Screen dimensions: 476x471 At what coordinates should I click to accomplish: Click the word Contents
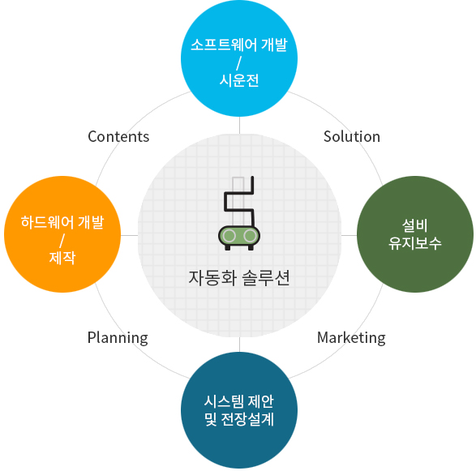pos(118,136)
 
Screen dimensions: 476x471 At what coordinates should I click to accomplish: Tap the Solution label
pos(352,136)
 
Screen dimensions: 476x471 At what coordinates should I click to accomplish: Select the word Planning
pos(118,338)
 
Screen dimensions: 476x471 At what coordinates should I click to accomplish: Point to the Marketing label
pos(351,338)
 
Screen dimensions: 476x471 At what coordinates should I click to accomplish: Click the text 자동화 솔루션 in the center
pos(239,278)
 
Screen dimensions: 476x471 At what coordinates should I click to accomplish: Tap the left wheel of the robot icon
pos(229,236)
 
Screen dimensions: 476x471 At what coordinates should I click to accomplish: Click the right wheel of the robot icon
pos(250,236)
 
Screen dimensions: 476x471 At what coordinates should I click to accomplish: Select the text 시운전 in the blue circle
pos(239,80)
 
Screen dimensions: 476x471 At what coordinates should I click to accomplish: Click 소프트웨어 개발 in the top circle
pos(239,45)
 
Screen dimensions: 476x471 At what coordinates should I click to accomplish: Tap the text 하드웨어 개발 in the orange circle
pos(62,222)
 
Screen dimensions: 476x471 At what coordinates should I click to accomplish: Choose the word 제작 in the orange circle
pos(62,258)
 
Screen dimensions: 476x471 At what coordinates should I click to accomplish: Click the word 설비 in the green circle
pos(414,225)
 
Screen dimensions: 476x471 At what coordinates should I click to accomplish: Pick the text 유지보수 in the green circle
pos(414,243)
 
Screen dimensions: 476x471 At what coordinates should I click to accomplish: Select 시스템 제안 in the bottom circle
pos(239,401)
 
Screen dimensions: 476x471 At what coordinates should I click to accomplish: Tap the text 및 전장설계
pos(239,419)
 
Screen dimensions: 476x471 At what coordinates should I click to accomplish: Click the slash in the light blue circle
pos(239,63)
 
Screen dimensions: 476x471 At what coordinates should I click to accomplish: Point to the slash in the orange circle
pos(62,241)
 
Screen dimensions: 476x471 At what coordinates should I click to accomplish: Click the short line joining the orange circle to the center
pos(129,235)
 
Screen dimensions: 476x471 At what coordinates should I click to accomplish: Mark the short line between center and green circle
pos(349,235)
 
